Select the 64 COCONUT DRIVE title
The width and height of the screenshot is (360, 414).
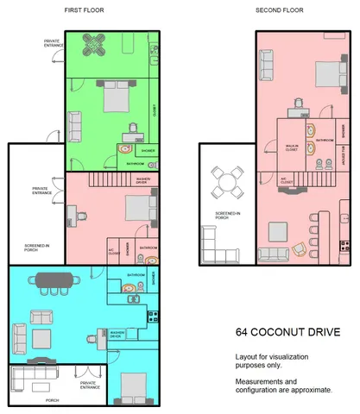(x=282, y=332)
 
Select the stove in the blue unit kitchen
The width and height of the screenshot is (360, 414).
(x=153, y=315)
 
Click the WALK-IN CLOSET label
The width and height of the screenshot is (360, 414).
(x=293, y=147)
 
